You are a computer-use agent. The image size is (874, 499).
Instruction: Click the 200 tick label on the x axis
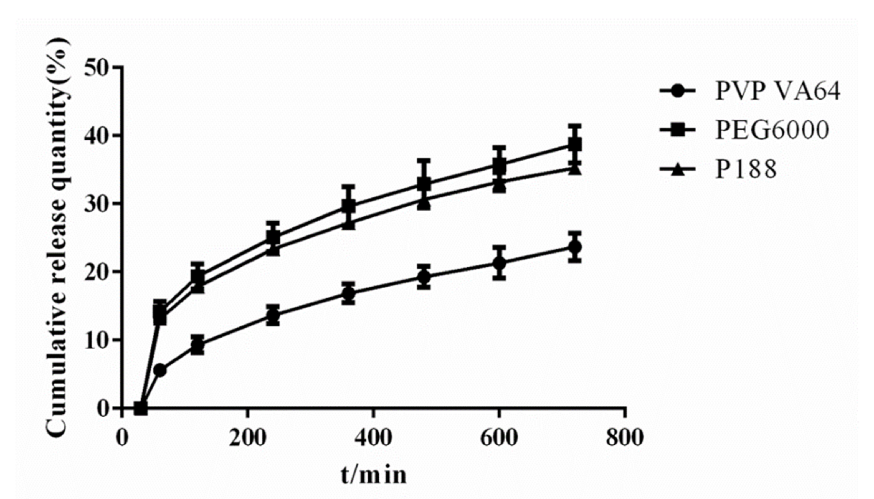pos(247,438)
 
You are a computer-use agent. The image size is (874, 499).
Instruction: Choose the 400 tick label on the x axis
pos(373,438)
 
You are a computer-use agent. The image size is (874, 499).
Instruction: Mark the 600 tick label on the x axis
pos(499,438)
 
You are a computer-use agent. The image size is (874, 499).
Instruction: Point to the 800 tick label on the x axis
pos(625,438)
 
